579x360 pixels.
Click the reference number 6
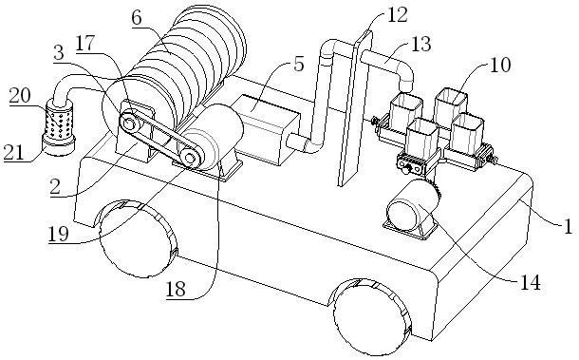click(137, 18)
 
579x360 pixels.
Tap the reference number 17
click(85, 44)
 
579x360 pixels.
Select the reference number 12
click(397, 16)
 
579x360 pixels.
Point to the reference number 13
click(420, 44)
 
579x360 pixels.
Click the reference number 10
click(500, 65)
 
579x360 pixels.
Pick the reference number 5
click(298, 64)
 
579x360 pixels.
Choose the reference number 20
click(20, 96)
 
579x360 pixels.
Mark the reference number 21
click(13, 152)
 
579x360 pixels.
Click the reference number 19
click(59, 234)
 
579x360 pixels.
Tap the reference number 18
click(176, 289)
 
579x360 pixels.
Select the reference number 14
click(530, 283)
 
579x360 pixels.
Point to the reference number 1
click(568, 226)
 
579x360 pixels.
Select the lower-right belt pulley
click(190, 158)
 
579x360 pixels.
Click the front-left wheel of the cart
click(139, 238)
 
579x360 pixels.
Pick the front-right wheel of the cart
click(373, 316)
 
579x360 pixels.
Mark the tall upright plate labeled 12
click(354, 109)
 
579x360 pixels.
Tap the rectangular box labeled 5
click(268, 127)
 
